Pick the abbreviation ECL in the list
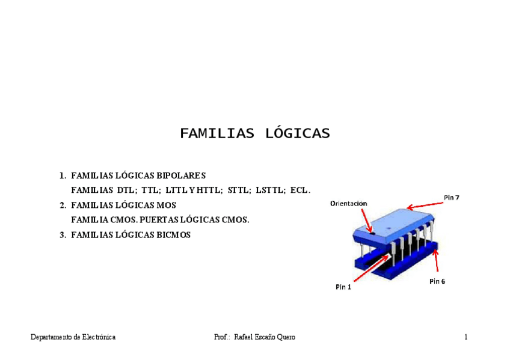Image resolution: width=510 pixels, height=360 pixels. pyautogui.click(x=300, y=191)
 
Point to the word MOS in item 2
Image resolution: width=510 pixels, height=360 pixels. pyautogui.click(x=165, y=205)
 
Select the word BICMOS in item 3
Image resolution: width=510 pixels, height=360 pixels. pyautogui.click(x=173, y=235)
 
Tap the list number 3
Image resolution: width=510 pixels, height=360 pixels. pyautogui.click(x=62, y=235)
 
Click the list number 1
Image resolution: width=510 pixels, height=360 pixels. pyautogui.click(x=62, y=175)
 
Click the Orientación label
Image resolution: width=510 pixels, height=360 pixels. pyautogui.click(x=348, y=203)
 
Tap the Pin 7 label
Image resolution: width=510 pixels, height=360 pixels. pyautogui.click(x=452, y=197)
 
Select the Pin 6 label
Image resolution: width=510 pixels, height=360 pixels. pyautogui.click(x=437, y=281)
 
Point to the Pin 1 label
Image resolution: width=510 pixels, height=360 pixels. pyautogui.click(x=343, y=287)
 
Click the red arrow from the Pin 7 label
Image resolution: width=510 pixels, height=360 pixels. pyautogui.click(x=425, y=204)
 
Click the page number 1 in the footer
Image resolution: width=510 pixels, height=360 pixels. pyautogui.click(x=465, y=337)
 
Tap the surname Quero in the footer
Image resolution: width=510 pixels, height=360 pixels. pyautogui.click(x=286, y=337)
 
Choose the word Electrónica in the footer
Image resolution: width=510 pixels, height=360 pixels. pyautogui.click(x=99, y=337)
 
